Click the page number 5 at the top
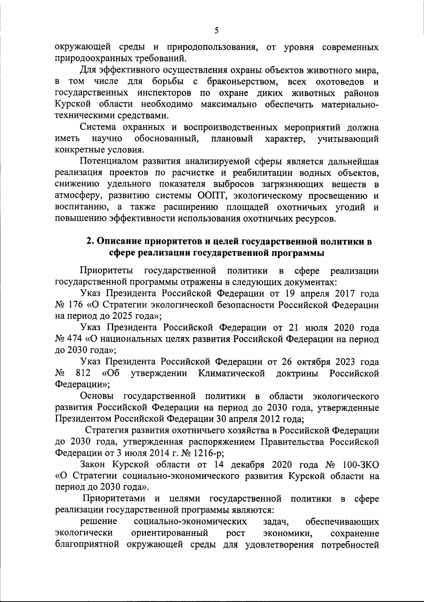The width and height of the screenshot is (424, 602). pyautogui.click(x=216, y=31)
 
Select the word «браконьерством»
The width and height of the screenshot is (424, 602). pyautogui.click(x=237, y=82)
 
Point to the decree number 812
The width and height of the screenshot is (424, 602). pyautogui.click(x=83, y=373)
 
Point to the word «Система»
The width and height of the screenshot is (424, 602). pyautogui.click(x=99, y=128)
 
